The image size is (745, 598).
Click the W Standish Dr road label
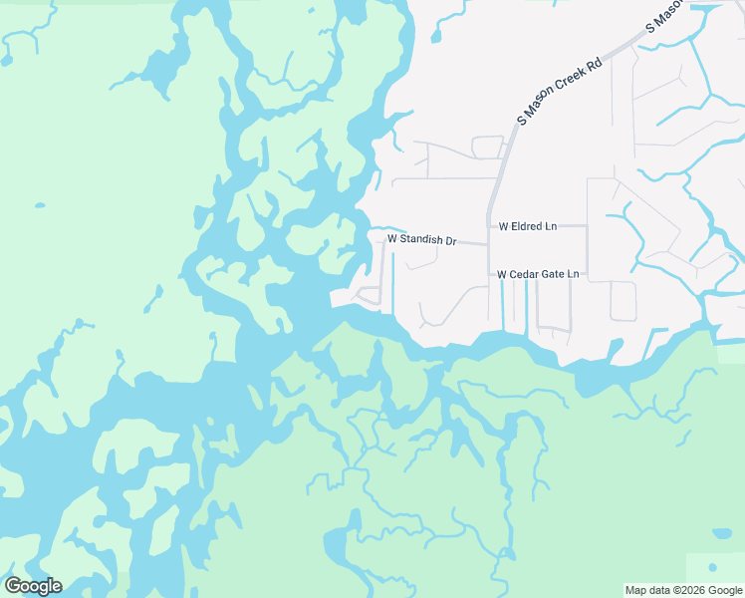tap(421, 240)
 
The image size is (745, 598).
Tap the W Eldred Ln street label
tap(528, 226)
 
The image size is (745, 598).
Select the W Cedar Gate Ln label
tap(537, 273)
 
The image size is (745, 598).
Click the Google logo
tap(33, 586)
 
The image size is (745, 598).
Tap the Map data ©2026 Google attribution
tap(683, 590)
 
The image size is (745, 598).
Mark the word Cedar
tap(527, 273)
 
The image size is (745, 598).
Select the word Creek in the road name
tap(571, 81)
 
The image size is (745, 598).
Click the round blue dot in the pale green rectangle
tap(720, 534)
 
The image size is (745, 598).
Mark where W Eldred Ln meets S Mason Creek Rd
tap(488, 226)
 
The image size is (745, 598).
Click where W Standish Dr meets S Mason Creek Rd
tap(488, 244)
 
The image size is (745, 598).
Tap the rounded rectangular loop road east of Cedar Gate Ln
tap(622, 301)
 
